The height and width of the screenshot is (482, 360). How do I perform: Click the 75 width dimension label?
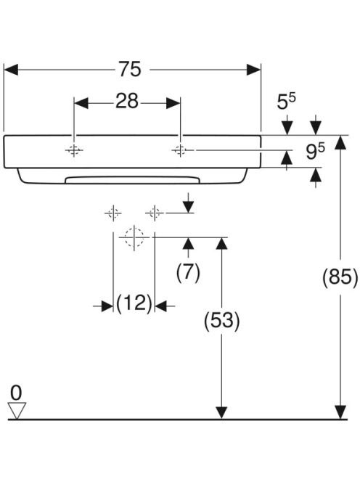coord(130,69)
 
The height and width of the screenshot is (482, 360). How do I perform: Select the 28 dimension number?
coord(127,101)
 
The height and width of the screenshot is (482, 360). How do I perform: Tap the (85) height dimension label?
coord(340,277)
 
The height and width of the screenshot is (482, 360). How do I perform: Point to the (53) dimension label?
coord(221,321)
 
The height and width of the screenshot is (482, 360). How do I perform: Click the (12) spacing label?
coord(134,303)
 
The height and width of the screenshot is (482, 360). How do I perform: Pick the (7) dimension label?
coord(188,272)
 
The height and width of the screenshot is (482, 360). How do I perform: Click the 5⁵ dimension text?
coord(286,101)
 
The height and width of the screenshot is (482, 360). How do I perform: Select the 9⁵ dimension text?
coord(316,151)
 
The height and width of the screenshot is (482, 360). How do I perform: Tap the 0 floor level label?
coord(16,393)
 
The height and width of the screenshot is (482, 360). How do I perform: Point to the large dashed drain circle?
coord(134,237)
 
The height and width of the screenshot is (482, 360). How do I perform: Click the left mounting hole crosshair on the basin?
coord(74,150)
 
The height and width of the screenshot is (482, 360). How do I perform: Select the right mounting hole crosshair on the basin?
coord(180,150)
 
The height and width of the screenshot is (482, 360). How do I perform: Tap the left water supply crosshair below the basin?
coord(113,213)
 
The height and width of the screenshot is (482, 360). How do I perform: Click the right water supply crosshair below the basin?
coord(155,213)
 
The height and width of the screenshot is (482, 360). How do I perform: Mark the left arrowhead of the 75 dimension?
coord(11,70)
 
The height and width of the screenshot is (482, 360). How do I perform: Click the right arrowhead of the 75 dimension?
coord(253,70)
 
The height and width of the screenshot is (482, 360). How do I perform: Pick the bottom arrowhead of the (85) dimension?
coord(340,412)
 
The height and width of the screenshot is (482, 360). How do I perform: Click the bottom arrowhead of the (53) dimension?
coord(221,412)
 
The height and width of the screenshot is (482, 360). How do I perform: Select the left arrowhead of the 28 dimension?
coord(81,103)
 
